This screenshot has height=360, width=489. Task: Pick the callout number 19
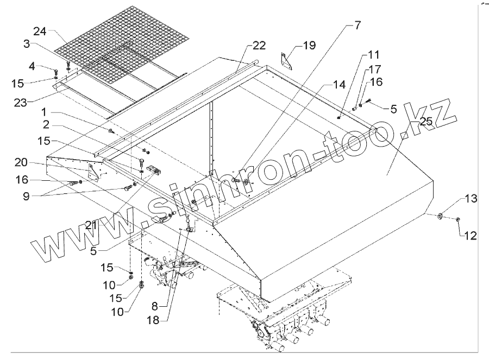309,47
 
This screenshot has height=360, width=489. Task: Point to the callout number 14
339,85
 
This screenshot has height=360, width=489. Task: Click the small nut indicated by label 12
457,219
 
